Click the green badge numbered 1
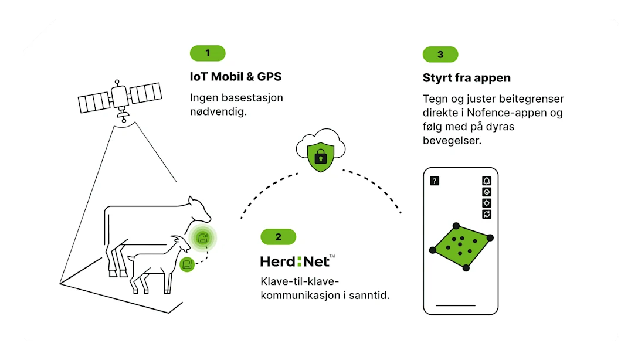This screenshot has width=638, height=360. click(x=207, y=53)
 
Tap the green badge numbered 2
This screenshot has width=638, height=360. click(x=278, y=237)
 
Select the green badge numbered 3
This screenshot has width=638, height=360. click(x=440, y=55)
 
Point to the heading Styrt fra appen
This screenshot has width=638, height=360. click(x=467, y=78)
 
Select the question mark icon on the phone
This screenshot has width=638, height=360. click(x=435, y=181)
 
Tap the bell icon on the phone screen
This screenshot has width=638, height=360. click(x=486, y=181)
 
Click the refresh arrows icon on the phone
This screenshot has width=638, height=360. click(x=486, y=214)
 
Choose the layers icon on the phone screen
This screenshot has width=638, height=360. click(x=486, y=192)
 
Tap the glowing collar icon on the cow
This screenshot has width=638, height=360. click(x=203, y=237)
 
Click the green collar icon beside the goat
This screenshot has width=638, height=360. click(x=187, y=263)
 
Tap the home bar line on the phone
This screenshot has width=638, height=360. click(x=456, y=305)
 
